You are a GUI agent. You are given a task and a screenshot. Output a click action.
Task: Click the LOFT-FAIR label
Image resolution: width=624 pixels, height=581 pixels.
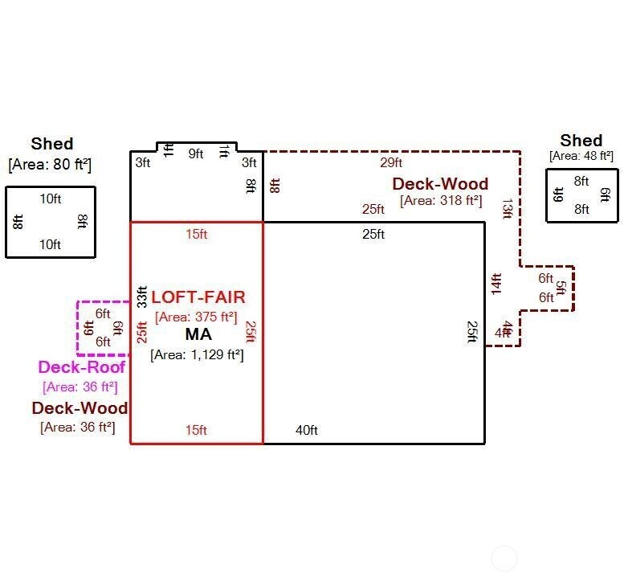point(198,297)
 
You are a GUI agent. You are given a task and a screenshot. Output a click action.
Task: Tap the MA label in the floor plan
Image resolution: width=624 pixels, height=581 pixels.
point(198,334)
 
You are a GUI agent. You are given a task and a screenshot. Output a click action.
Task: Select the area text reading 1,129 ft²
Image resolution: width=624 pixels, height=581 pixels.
point(197,354)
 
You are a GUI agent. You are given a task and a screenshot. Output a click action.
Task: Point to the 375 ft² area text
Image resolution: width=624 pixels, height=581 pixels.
point(197,317)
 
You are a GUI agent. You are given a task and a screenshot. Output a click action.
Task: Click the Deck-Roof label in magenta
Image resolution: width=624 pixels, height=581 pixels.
point(81,367)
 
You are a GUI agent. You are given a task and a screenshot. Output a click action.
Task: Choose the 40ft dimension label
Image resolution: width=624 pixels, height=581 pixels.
point(306,430)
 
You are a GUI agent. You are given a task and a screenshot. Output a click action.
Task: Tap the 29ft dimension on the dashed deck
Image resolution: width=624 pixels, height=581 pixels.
point(391,162)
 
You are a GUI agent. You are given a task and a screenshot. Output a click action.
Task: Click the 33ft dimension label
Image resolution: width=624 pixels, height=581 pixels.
point(142,297)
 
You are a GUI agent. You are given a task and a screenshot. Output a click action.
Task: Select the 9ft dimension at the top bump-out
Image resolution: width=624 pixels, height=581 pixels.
point(196,153)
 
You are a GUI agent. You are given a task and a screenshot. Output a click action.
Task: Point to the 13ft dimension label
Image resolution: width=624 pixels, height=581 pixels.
point(507,208)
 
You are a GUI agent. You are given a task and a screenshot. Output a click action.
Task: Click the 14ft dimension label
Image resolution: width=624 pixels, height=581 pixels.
point(496,284)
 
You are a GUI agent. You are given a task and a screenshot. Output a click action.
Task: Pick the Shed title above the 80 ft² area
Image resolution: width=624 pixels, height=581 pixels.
point(52,144)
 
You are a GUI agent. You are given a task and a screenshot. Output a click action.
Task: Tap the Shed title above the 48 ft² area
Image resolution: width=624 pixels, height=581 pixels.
point(581,141)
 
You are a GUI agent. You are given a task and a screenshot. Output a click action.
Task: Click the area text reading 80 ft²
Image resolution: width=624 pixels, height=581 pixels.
point(50,165)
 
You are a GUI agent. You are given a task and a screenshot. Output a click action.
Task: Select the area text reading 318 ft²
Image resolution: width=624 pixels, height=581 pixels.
point(441,201)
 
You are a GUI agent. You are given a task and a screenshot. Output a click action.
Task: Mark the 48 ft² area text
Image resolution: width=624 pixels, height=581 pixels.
point(581,156)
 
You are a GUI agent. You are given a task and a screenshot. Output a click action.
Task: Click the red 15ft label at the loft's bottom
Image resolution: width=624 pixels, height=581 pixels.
point(196,430)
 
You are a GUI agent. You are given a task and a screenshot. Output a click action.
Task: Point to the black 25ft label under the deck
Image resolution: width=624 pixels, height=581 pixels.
point(373,234)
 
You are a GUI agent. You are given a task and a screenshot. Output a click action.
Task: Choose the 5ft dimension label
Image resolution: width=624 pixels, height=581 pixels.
point(561,288)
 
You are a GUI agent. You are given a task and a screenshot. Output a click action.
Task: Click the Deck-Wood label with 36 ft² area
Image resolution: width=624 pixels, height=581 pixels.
point(79,408)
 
